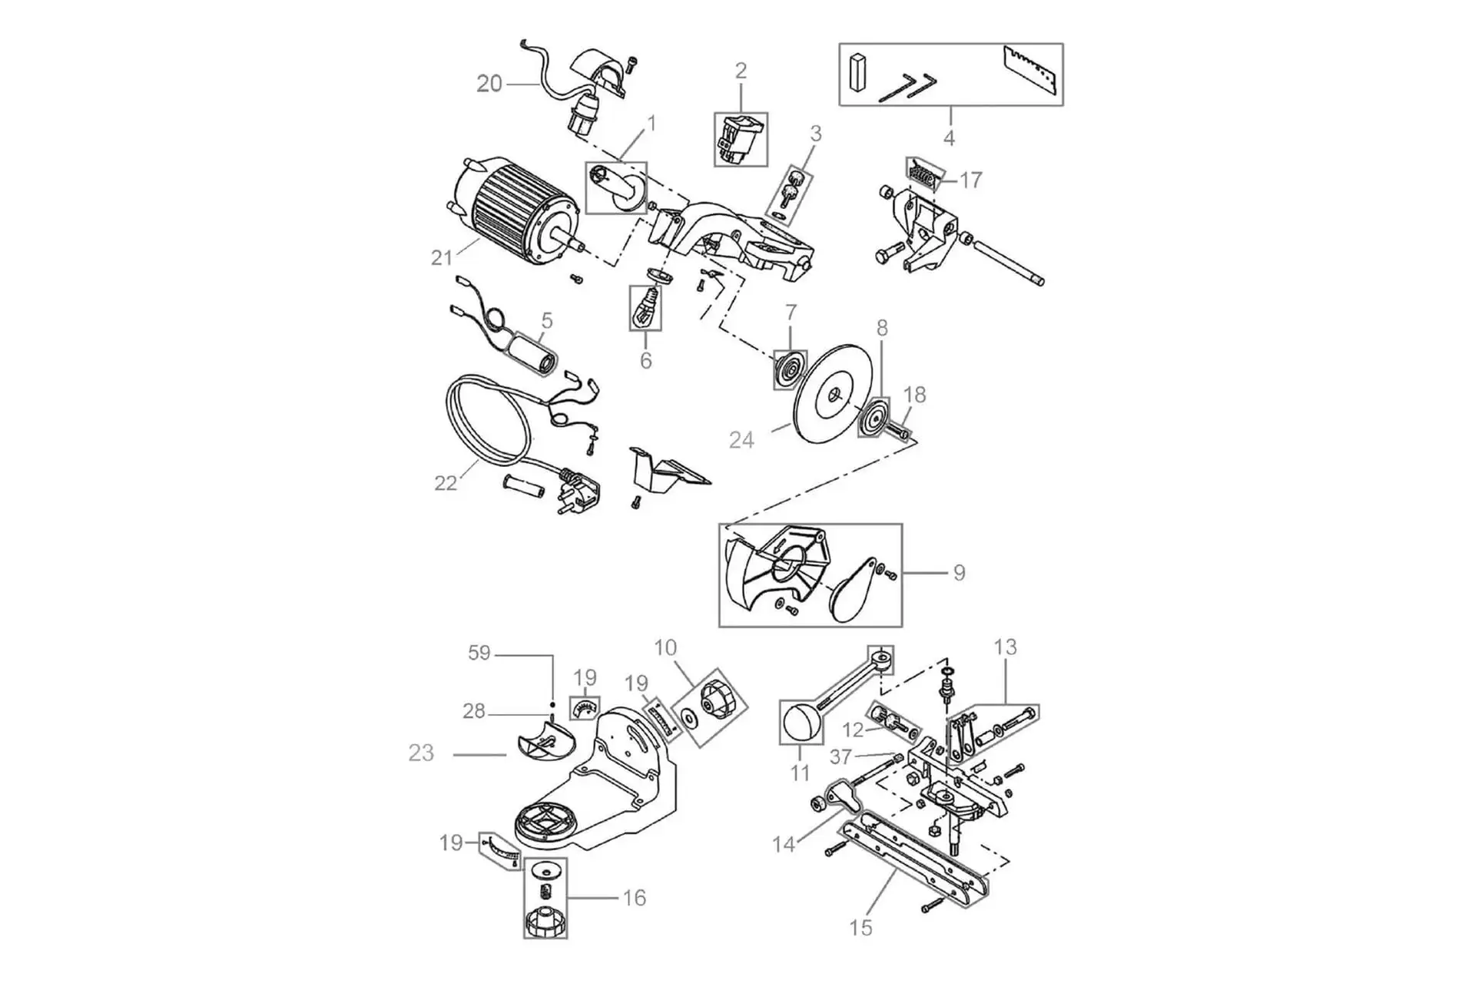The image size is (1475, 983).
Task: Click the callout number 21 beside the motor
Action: tap(442, 257)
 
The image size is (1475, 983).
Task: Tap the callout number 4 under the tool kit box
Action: tap(950, 138)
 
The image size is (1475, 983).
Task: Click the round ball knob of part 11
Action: tap(801, 723)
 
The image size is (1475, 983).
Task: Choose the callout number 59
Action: tap(479, 653)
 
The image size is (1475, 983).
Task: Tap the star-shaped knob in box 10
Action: tap(714, 699)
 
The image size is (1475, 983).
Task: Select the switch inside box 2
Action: tap(740, 139)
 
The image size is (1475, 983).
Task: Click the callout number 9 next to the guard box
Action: tap(959, 573)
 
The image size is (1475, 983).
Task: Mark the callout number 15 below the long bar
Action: tap(861, 928)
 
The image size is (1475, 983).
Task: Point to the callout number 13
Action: tap(1005, 647)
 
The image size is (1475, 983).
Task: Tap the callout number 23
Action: tap(421, 753)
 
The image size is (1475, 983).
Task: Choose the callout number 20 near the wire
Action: tap(489, 83)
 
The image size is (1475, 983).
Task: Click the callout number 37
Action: tap(841, 756)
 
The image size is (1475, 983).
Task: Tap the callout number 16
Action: tap(635, 898)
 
